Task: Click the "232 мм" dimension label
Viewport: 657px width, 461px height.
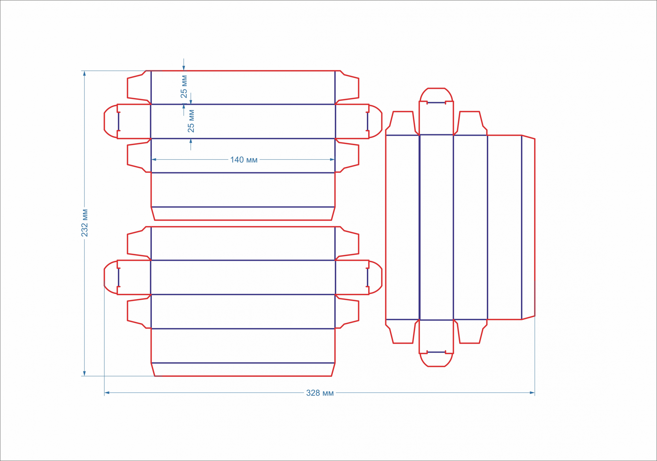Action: pyautogui.click(x=85, y=223)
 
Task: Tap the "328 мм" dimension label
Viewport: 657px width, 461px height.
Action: pyautogui.click(x=320, y=393)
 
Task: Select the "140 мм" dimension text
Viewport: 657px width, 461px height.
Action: pyautogui.click(x=244, y=160)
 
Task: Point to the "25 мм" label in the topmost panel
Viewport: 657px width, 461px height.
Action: pyautogui.click(x=184, y=87)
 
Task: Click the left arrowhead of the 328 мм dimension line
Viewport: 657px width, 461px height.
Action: pyautogui.click(x=107, y=393)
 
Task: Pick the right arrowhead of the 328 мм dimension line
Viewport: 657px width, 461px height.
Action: pyautogui.click(x=532, y=393)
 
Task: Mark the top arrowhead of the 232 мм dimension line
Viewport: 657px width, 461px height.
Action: pyautogui.click(x=84, y=73)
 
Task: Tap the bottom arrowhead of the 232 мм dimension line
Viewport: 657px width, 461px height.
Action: pyautogui.click(x=84, y=373)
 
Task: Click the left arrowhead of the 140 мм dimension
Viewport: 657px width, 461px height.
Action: pyautogui.click(x=154, y=160)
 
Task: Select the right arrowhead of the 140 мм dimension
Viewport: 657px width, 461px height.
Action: pyautogui.click(x=332, y=160)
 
